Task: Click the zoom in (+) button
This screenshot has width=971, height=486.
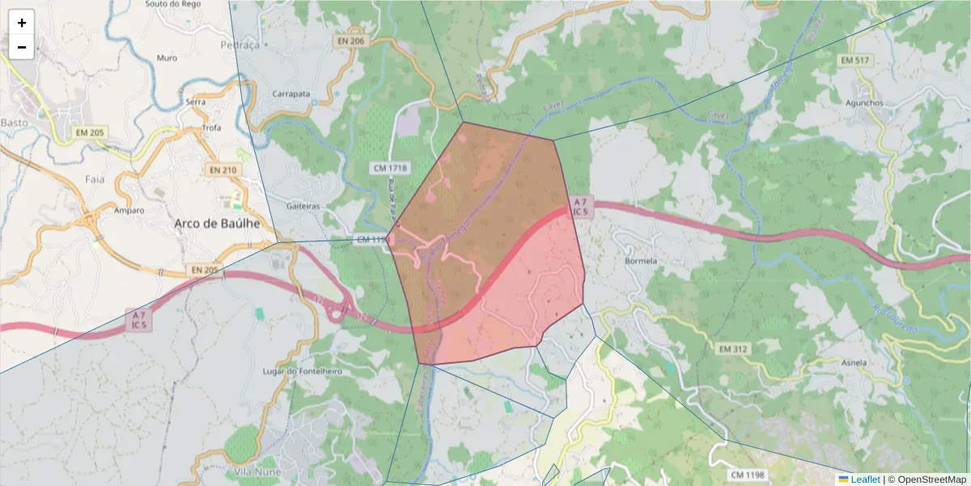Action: (x=22, y=23)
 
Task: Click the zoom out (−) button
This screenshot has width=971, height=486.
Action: (x=22, y=47)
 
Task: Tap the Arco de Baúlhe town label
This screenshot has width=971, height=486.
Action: (x=223, y=223)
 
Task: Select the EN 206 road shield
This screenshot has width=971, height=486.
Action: (x=352, y=40)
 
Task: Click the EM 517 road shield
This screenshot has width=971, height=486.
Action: (x=854, y=61)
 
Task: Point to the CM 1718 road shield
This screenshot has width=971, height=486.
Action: (x=390, y=168)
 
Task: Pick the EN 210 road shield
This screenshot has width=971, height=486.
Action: (x=223, y=170)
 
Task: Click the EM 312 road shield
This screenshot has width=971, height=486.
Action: (x=734, y=349)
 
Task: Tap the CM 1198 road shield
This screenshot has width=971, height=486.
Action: (x=747, y=474)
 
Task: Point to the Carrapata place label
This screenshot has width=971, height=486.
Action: (x=291, y=94)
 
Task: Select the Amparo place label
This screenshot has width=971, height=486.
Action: (x=129, y=211)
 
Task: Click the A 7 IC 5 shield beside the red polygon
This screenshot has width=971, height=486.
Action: (x=581, y=206)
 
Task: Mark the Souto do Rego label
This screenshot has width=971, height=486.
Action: (x=172, y=4)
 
